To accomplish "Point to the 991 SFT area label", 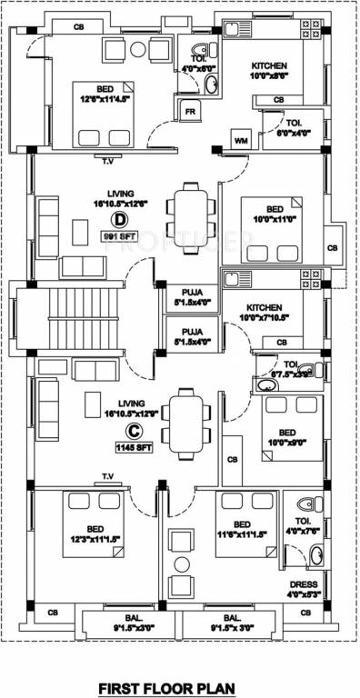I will (x=119, y=237).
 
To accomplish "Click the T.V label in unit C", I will (x=107, y=476).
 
